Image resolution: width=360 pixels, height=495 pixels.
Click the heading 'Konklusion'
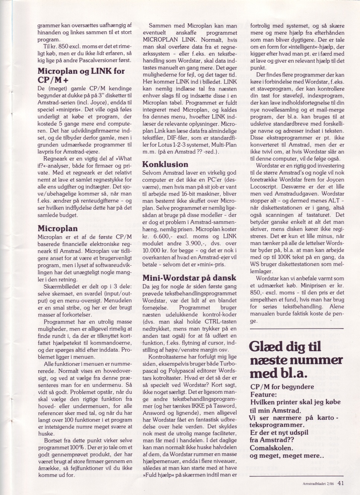(165, 164)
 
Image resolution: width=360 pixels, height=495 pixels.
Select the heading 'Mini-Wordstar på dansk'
(189, 277)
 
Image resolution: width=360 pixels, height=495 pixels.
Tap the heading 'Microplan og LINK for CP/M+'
(81, 76)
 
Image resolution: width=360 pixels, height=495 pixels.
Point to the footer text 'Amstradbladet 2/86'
(318, 484)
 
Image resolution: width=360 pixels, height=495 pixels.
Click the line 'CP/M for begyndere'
(282, 387)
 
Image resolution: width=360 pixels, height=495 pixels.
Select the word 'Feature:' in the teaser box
(264, 394)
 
